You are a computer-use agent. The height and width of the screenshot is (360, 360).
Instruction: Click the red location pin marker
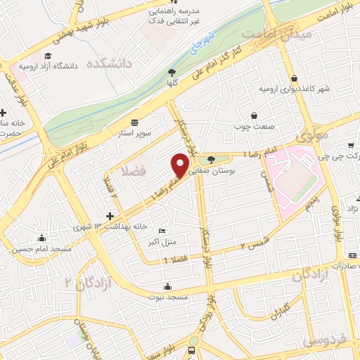tap(181, 165)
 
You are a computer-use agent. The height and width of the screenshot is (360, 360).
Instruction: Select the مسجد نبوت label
tap(167, 297)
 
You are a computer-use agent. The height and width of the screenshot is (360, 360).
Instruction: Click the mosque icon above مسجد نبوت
tap(167, 286)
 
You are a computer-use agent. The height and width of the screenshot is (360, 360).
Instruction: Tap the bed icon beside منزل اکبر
tap(162, 231)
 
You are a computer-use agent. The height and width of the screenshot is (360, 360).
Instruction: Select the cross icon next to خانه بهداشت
tap(109, 217)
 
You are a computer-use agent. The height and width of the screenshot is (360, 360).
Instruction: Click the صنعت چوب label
tap(253, 127)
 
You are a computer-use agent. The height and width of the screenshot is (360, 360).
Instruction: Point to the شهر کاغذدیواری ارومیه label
tap(293, 89)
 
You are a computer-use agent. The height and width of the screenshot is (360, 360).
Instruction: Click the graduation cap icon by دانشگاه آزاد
tap(47, 56)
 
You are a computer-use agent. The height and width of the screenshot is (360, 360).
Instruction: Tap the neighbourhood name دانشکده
tap(110, 63)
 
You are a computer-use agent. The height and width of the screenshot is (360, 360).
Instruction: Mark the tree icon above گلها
tap(172, 71)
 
